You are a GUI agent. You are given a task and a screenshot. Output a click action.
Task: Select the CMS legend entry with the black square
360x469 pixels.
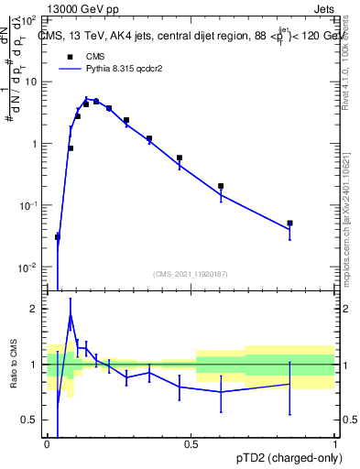[69, 57]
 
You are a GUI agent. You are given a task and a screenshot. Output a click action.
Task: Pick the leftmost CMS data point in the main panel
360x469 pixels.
[58, 237]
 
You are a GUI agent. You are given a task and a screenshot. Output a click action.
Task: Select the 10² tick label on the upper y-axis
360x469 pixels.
[31, 19]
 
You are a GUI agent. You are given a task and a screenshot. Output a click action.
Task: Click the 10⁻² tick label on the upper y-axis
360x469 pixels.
[30, 267]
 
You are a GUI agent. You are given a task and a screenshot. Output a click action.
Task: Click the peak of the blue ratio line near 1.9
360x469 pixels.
[71, 315]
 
